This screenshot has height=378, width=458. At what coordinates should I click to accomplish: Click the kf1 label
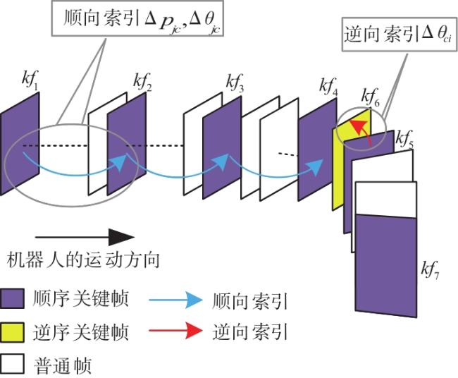(30, 79)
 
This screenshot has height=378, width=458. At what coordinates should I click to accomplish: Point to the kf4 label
(328, 87)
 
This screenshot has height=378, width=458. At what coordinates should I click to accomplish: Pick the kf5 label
(404, 139)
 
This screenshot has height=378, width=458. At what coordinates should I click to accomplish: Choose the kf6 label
(371, 97)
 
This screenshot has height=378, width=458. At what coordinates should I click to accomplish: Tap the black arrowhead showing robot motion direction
(121, 237)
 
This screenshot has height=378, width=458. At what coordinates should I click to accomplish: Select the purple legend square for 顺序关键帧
(12, 298)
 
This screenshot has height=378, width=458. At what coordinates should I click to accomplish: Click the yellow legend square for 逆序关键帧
(12, 332)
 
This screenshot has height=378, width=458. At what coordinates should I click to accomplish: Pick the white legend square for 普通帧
(12, 365)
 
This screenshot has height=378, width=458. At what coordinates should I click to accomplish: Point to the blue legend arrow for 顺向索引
(175, 300)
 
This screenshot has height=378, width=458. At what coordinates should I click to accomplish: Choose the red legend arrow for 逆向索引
(175, 331)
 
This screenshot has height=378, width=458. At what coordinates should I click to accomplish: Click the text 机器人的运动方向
(83, 260)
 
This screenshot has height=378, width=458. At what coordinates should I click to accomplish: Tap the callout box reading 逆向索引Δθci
(399, 35)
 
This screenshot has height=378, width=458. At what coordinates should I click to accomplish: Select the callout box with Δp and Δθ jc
(137, 18)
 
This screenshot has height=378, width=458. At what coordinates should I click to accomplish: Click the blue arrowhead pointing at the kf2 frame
(120, 161)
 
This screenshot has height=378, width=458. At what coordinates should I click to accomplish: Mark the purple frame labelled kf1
(20, 144)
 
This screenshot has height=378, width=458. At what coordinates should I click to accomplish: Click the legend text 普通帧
(63, 365)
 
